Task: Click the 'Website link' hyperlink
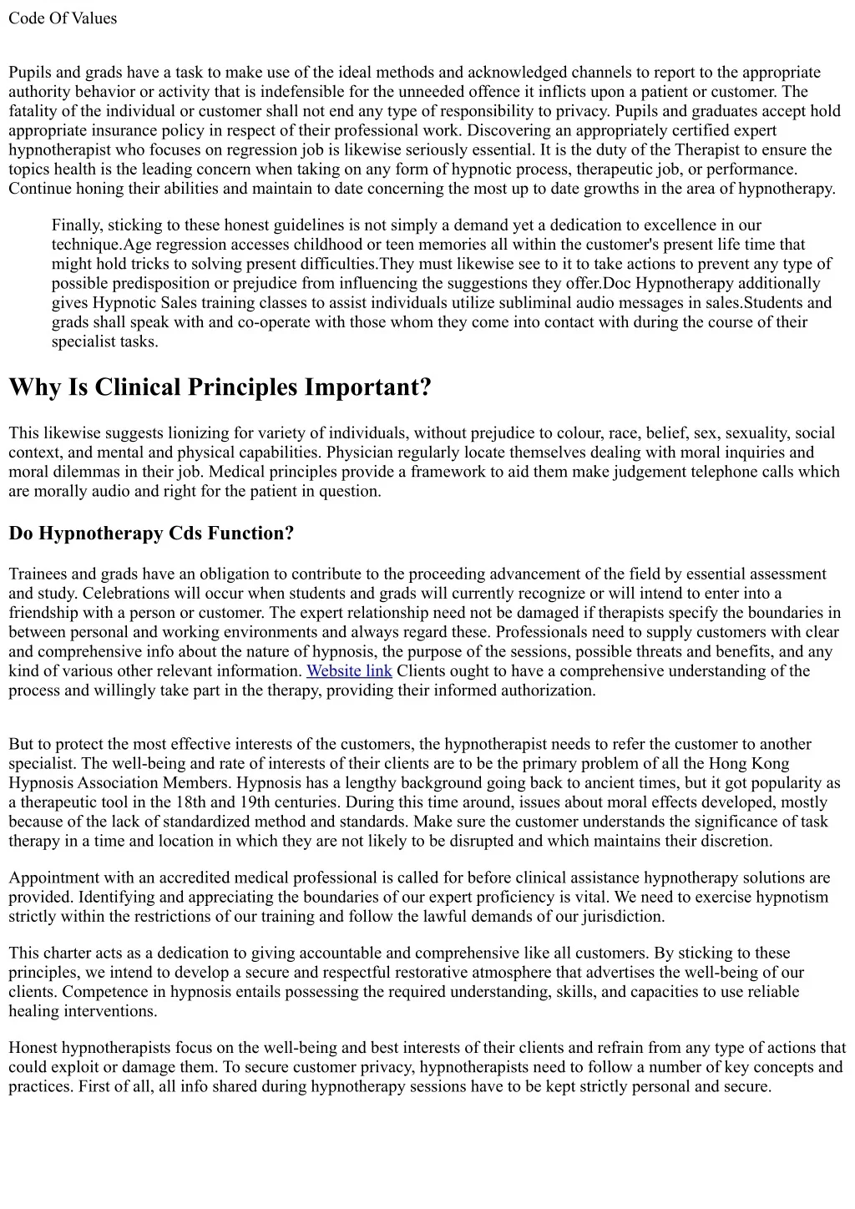click(349, 671)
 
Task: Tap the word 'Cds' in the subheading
click(188, 534)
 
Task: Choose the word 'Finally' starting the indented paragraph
click(76, 225)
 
